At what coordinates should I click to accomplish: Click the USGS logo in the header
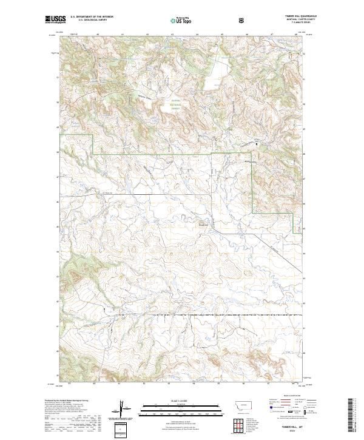tap(55, 20)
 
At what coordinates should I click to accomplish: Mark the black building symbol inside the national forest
tap(257, 144)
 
